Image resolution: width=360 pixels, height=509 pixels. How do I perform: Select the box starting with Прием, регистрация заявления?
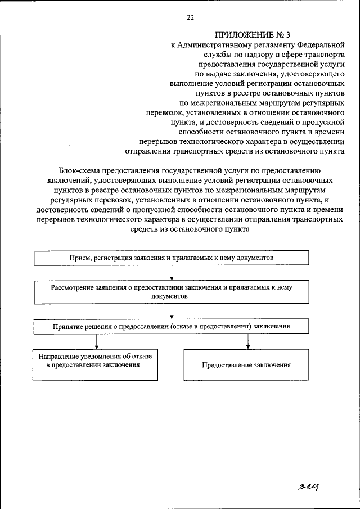(172, 257)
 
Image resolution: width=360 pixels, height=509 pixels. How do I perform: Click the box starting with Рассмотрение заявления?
(172, 291)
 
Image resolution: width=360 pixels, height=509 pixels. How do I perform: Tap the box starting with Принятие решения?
(172, 326)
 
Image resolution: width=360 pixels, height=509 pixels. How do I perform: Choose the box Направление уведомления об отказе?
(98, 364)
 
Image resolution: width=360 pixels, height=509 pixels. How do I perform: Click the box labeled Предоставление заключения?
(247, 364)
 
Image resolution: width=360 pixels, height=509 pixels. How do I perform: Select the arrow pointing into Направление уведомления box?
(98, 341)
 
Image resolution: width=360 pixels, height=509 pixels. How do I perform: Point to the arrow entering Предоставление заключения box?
(247, 341)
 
